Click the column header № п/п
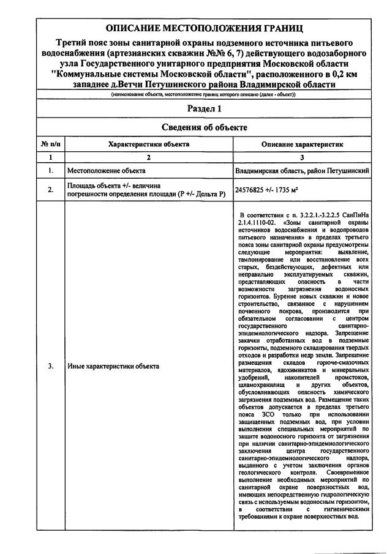point(50,144)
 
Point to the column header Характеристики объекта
point(148,144)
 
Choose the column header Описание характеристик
point(302,144)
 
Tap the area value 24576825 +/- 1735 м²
point(266,190)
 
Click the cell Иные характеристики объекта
point(113,366)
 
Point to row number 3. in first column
point(50,366)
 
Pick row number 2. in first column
point(50,190)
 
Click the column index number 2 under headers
point(148,157)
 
